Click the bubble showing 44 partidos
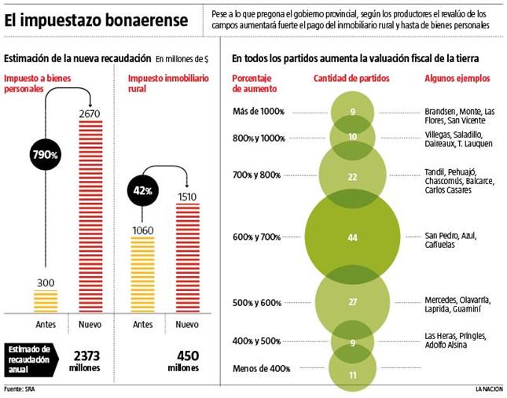click(x=352, y=237)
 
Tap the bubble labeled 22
click(x=352, y=176)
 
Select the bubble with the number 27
click(x=352, y=302)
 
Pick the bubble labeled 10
click(x=352, y=137)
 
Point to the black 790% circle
click(x=46, y=155)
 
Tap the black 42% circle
click(x=142, y=191)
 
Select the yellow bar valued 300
click(x=46, y=302)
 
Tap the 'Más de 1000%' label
click(x=256, y=111)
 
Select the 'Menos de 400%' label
click(x=262, y=368)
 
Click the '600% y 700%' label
click(x=257, y=237)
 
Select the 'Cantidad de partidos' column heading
click(x=351, y=79)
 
